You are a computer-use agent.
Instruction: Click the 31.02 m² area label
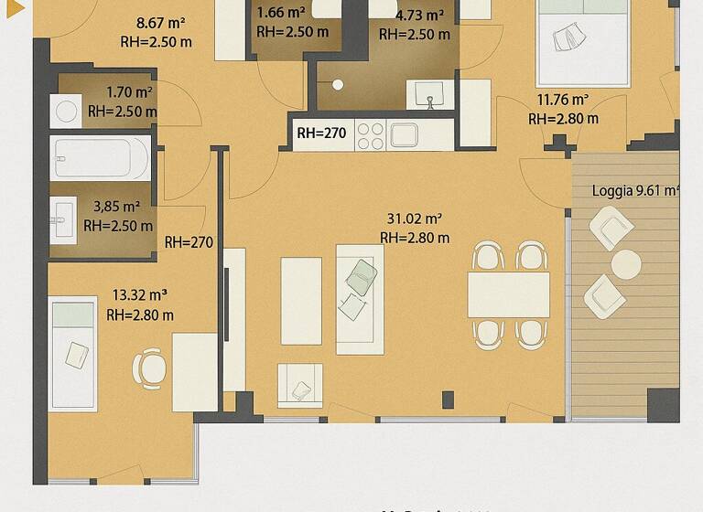(415, 219)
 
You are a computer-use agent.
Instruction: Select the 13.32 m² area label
(140, 295)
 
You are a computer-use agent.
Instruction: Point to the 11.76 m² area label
(563, 100)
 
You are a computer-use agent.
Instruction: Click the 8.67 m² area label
(161, 22)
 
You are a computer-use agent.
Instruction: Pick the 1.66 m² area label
(281, 13)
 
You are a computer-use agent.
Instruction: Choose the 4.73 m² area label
(420, 16)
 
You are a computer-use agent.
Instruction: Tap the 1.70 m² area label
(129, 92)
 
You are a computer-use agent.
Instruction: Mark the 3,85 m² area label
(117, 207)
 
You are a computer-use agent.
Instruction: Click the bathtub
(100, 157)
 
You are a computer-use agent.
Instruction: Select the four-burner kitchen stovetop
(370, 135)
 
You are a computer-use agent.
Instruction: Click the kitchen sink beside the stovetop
(404, 135)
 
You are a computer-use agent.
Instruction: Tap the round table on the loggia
(626, 264)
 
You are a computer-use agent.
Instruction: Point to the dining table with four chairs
(509, 294)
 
